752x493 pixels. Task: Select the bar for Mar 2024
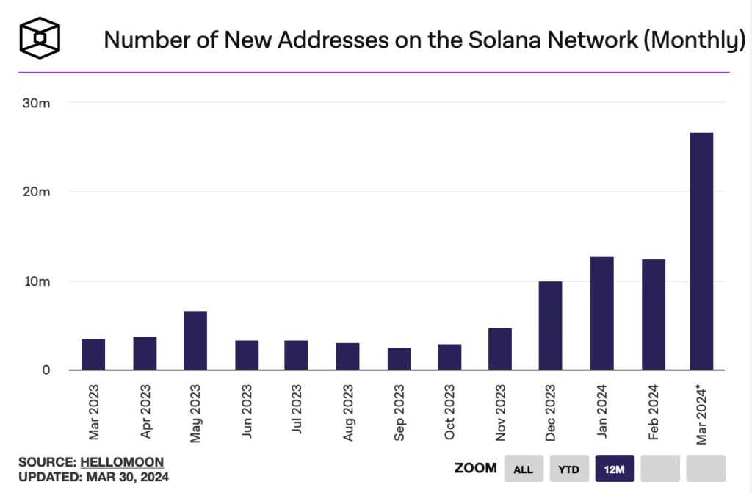[701, 251]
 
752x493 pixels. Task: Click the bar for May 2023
[195, 340]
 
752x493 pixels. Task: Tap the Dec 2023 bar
[550, 325]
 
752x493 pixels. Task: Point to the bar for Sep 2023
[399, 359]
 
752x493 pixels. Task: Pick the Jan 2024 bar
[602, 314]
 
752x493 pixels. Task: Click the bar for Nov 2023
[499, 349]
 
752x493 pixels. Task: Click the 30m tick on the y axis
[36, 103]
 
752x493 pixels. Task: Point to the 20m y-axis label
[36, 192]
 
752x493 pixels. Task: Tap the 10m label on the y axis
[37, 281]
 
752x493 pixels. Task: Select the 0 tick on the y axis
[46, 370]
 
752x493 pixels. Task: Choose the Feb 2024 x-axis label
[653, 412]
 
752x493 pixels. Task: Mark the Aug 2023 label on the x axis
[348, 412]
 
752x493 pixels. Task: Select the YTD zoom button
[569, 469]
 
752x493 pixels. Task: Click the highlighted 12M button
[615, 469]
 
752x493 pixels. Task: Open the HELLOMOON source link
[122, 462]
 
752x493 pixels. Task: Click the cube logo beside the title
[40, 38]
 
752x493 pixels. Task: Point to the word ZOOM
[476, 468]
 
